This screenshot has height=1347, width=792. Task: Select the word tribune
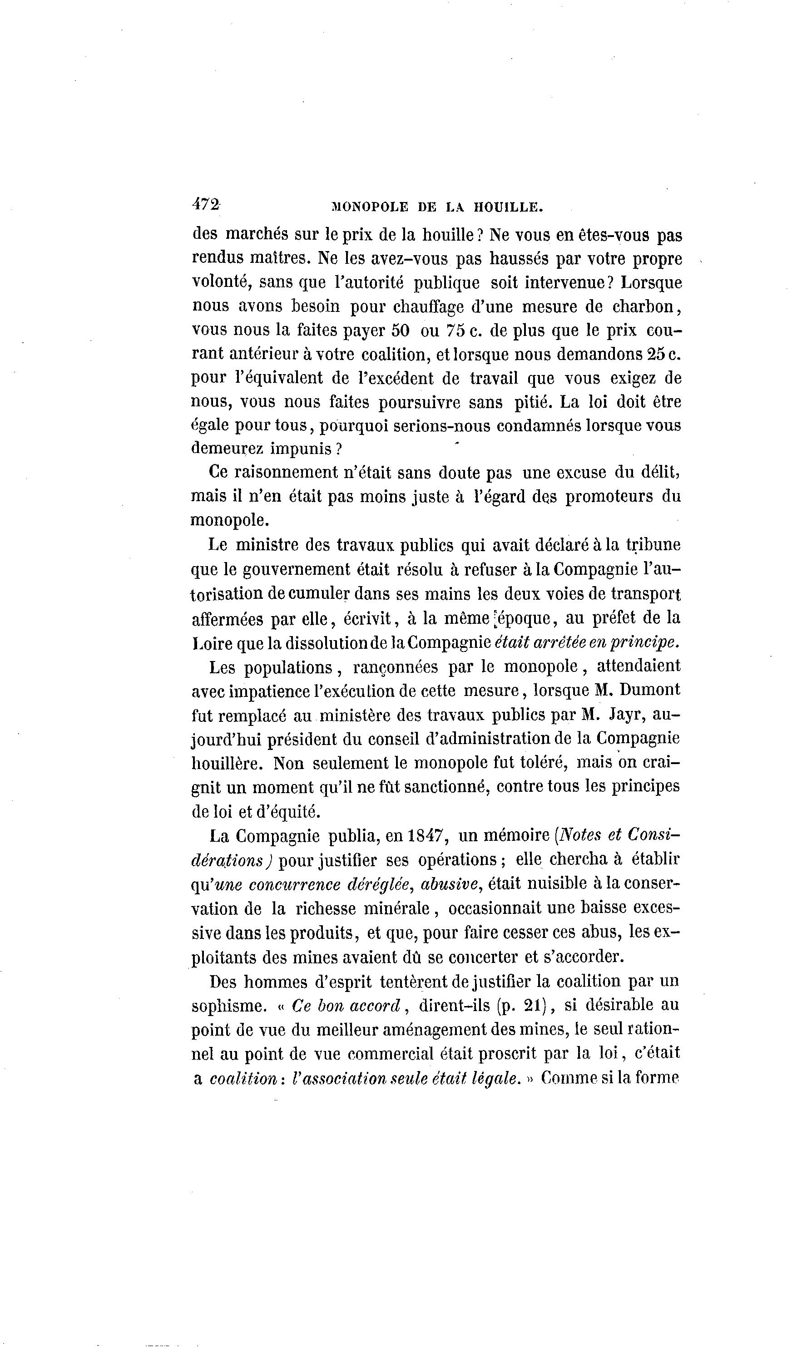point(653,545)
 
